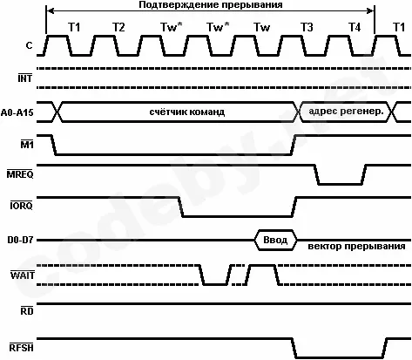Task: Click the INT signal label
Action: click(25, 78)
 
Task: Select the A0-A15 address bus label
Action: click(17, 112)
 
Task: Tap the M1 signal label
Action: click(27, 144)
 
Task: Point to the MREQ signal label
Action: click(20, 173)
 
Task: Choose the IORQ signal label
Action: click(21, 206)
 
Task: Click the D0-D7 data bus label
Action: click(20, 241)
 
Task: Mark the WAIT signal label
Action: click(23, 275)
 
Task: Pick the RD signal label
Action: click(27, 311)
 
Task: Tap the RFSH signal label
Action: click(22, 348)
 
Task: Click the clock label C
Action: click(29, 45)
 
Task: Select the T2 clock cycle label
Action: click(118, 27)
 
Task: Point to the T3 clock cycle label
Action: click(307, 27)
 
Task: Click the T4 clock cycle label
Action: click(355, 27)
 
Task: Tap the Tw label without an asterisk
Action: click(262, 27)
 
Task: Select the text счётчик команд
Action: click(187, 112)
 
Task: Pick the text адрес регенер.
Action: click(347, 112)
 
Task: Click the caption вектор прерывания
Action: click(356, 246)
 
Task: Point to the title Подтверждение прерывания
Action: click(211, 5)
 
